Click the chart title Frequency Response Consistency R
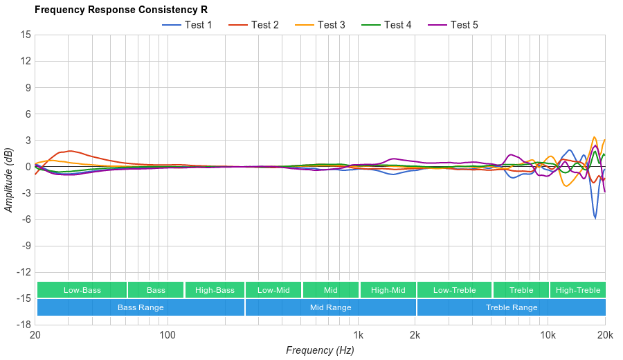click(x=120, y=10)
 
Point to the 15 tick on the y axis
click(x=26, y=35)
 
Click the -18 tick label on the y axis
click(x=24, y=324)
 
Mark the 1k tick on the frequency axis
click(x=358, y=335)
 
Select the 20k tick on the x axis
click(x=605, y=335)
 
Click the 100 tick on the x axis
click(x=168, y=335)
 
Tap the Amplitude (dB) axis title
click(x=9, y=179)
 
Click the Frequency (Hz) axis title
click(x=320, y=350)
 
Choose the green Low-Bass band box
click(x=82, y=290)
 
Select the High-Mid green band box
click(x=388, y=290)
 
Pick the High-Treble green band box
click(x=578, y=290)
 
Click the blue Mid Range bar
click(x=330, y=307)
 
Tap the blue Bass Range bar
click(x=141, y=307)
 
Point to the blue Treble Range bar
click(x=512, y=307)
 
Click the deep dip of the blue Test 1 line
click(x=595, y=218)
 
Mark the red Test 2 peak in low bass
click(x=69, y=151)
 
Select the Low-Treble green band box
click(x=454, y=290)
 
